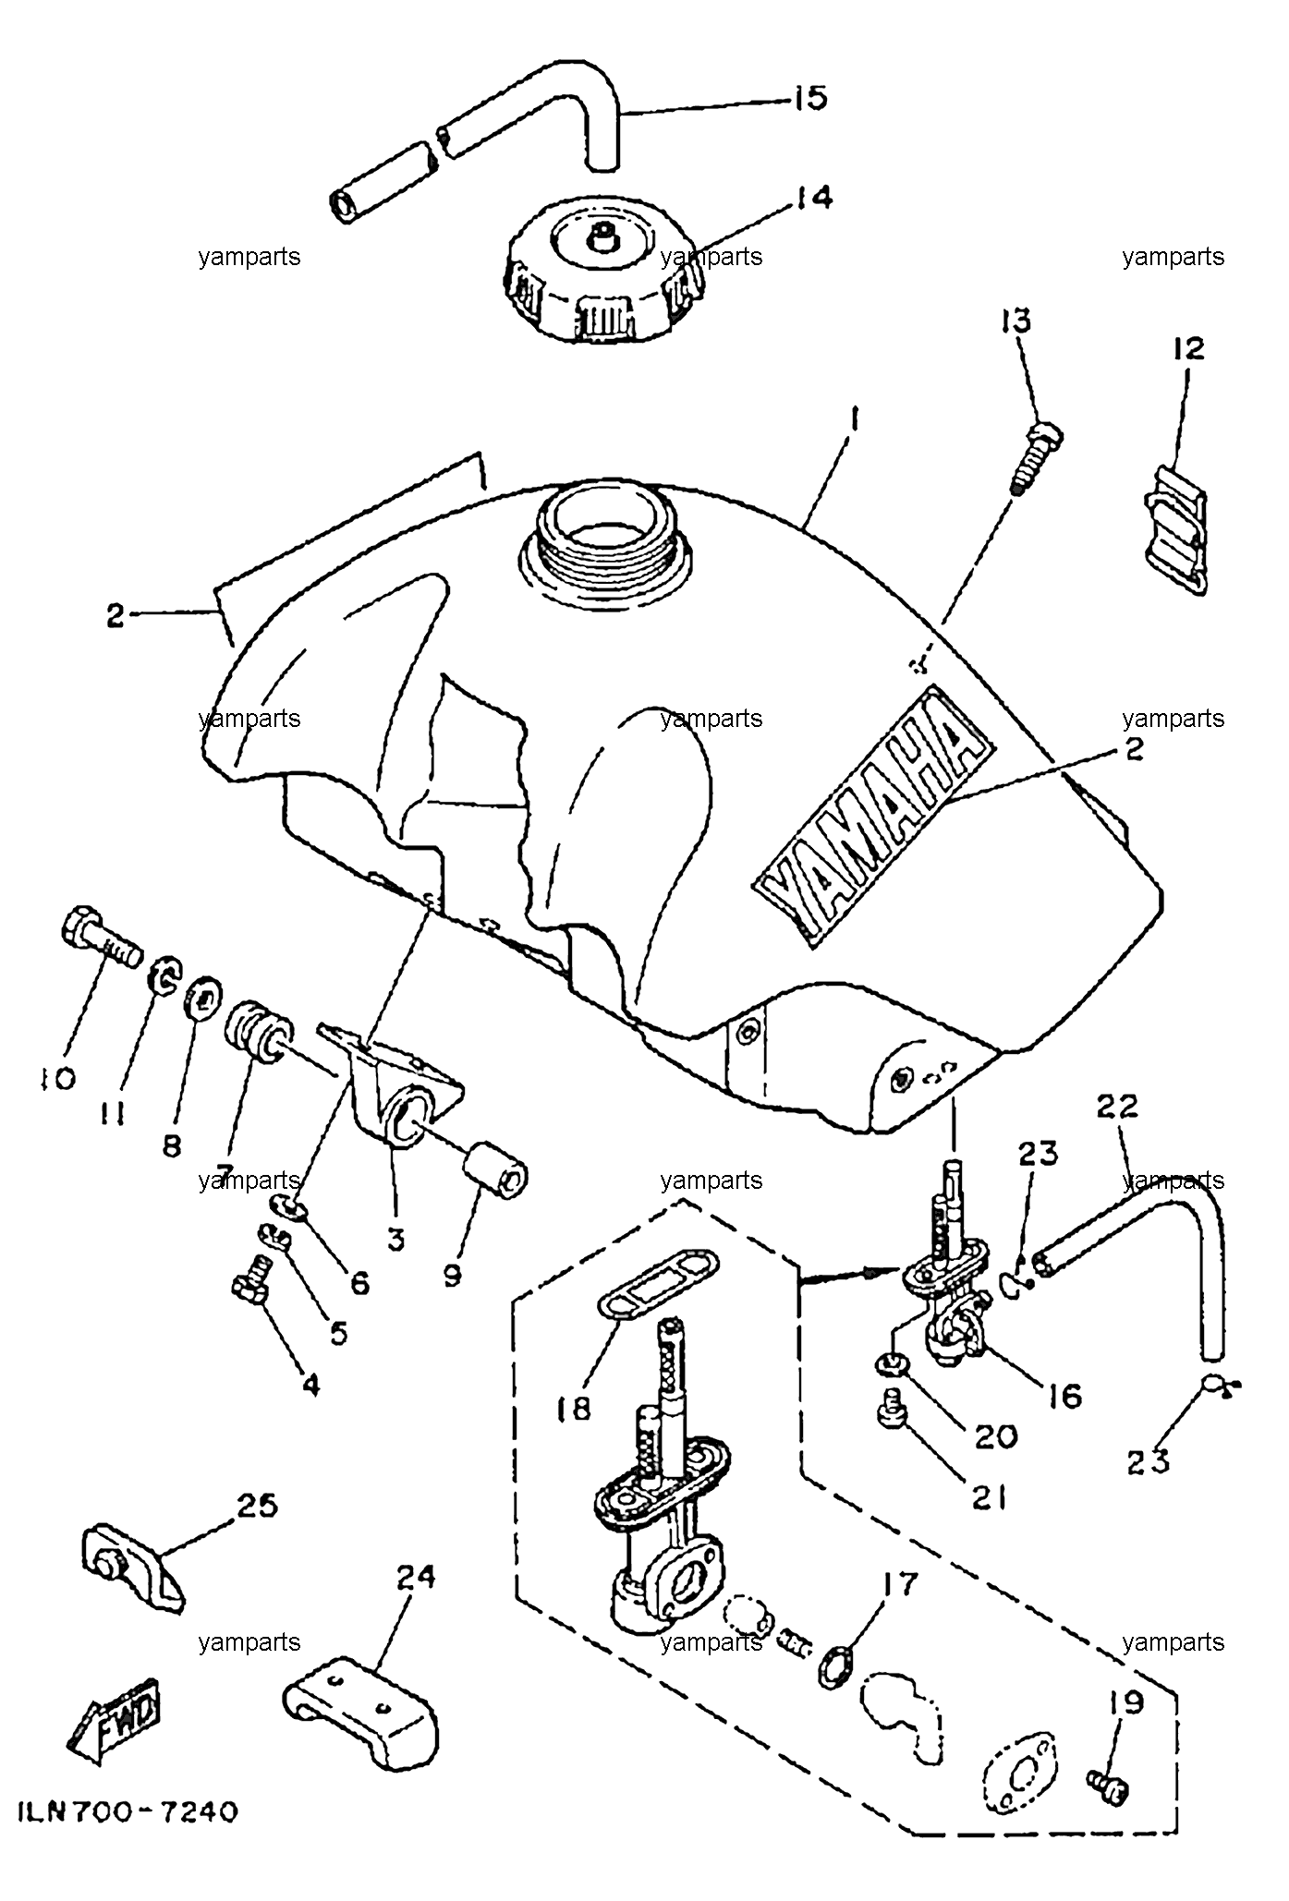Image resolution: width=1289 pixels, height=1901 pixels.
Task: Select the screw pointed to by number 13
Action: (x=1035, y=457)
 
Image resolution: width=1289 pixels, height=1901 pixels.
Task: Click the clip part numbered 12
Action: (x=1174, y=527)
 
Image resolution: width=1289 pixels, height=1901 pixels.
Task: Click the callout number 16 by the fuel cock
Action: (x=1064, y=1394)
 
